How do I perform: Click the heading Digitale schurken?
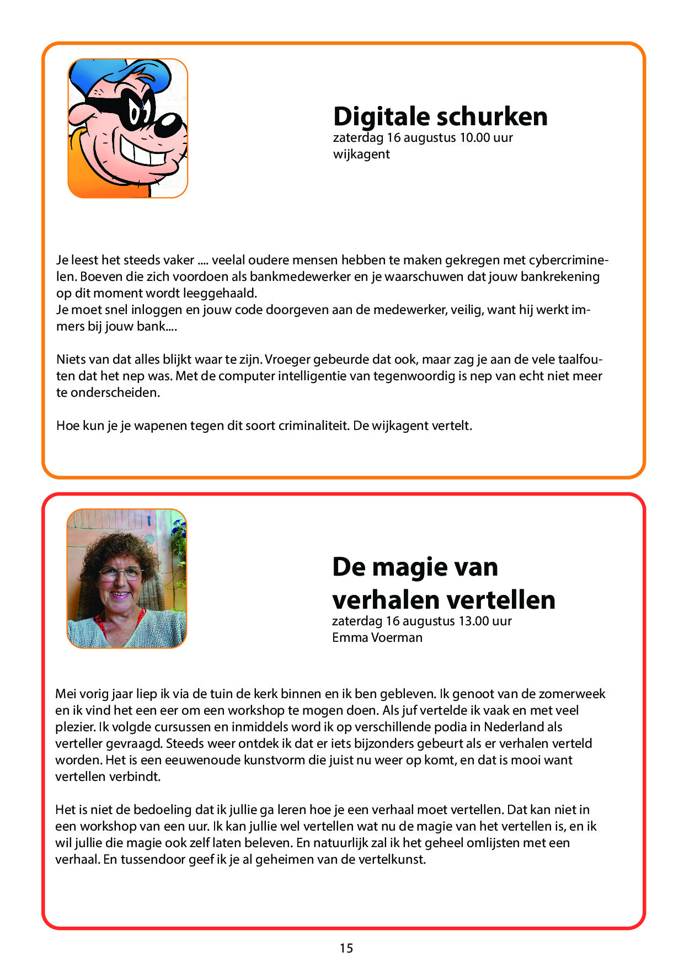pyautogui.click(x=440, y=116)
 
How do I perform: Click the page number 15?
pyautogui.click(x=346, y=948)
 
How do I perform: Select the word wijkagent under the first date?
pyautogui.click(x=361, y=154)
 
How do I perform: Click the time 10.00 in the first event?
pyautogui.click(x=474, y=137)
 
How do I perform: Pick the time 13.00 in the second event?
pyautogui.click(x=473, y=621)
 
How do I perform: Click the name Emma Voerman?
pyautogui.click(x=377, y=637)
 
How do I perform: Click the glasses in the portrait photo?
pyautogui.click(x=120, y=574)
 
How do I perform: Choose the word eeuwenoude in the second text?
pyautogui.click(x=197, y=760)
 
